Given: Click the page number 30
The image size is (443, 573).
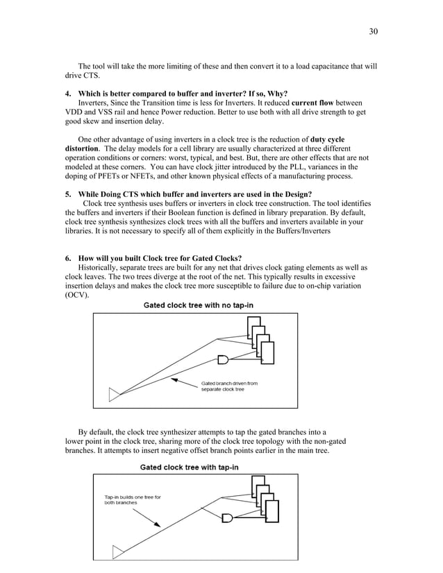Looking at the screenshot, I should pos(374,31).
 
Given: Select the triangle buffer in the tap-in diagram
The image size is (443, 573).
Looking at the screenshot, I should pos(119,551).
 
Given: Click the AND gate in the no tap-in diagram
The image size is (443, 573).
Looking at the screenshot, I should pos(224,359).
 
